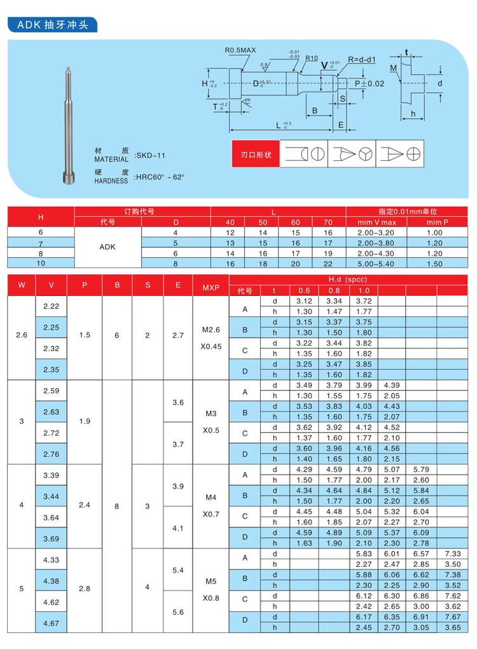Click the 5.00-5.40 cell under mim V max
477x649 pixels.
click(x=377, y=262)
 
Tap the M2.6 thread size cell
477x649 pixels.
click(x=211, y=330)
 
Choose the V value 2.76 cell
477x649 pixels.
click(x=51, y=454)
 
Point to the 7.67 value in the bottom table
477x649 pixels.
click(x=452, y=617)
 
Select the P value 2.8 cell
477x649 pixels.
click(x=84, y=589)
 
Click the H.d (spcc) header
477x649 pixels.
click(x=347, y=279)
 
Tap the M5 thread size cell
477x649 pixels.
click(x=211, y=581)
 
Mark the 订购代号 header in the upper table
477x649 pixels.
click(x=142, y=211)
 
